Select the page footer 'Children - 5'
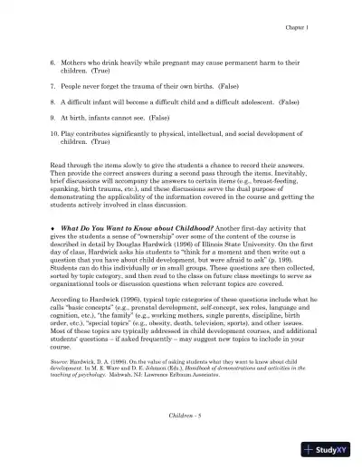coord(180,414)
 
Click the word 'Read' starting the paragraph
coord(58,166)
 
